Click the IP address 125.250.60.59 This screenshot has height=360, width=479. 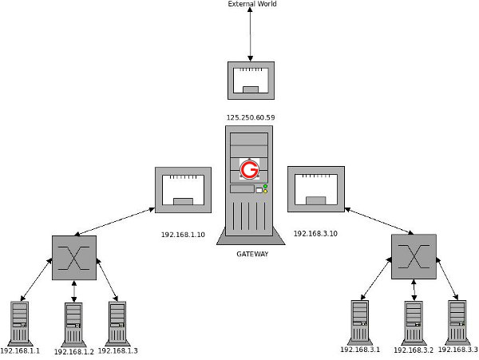click(251, 117)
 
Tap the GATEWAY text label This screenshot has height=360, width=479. click(252, 254)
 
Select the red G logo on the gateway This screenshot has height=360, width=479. click(250, 169)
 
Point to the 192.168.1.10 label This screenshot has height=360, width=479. click(183, 235)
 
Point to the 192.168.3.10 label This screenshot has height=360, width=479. click(315, 234)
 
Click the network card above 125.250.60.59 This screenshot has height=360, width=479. click(251, 79)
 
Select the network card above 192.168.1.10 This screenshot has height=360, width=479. click(183, 190)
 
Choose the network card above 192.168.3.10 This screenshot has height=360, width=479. click(315, 189)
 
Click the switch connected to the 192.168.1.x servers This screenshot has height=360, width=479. click(74, 257)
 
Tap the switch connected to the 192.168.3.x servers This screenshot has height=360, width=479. click(414, 256)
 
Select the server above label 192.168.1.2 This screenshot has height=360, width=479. click(73, 322)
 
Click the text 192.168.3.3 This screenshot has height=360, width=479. click(457, 350)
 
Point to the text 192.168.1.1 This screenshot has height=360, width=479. click(20, 350)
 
